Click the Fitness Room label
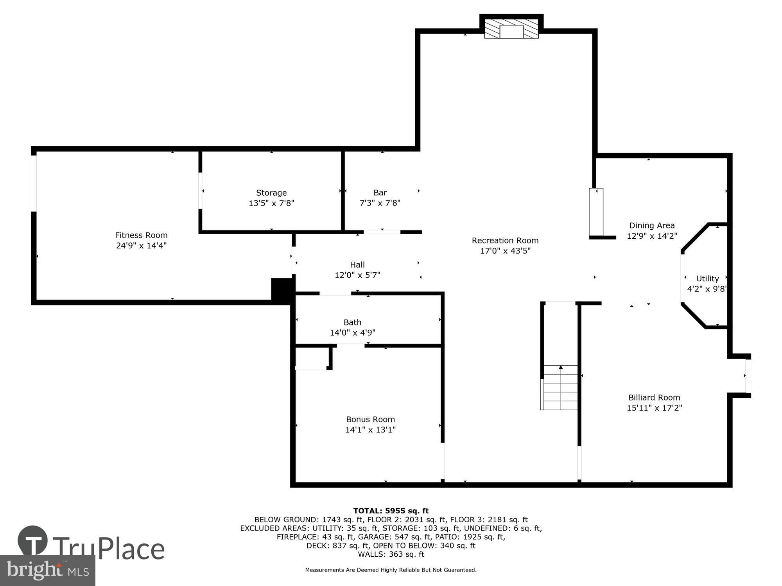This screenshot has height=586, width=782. pyautogui.click(x=141, y=235)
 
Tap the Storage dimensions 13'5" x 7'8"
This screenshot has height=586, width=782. pyautogui.click(x=271, y=203)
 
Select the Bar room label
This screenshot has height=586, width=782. pyautogui.click(x=380, y=193)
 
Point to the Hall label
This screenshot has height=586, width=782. pyautogui.click(x=357, y=264)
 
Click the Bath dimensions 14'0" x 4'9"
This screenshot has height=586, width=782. pyautogui.click(x=352, y=332)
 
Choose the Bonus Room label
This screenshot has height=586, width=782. pyautogui.click(x=370, y=419)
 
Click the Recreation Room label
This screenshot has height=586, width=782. pyautogui.click(x=505, y=240)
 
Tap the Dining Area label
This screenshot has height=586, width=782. pyautogui.click(x=651, y=225)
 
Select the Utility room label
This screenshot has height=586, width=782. pyautogui.click(x=707, y=279)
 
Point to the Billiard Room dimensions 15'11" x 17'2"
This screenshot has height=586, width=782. pyautogui.click(x=654, y=408)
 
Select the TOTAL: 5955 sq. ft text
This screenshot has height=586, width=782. pyautogui.click(x=391, y=511)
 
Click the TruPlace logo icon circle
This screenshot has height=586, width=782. pyautogui.click(x=32, y=541)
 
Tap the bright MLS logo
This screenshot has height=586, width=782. pyautogui.click(x=47, y=570)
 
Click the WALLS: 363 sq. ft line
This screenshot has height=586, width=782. pyautogui.click(x=391, y=554)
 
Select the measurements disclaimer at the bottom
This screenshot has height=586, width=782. pyautogui.click(x=391, y=570)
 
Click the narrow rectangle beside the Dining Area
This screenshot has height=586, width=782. pyautogui.click(x=596, y=212)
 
